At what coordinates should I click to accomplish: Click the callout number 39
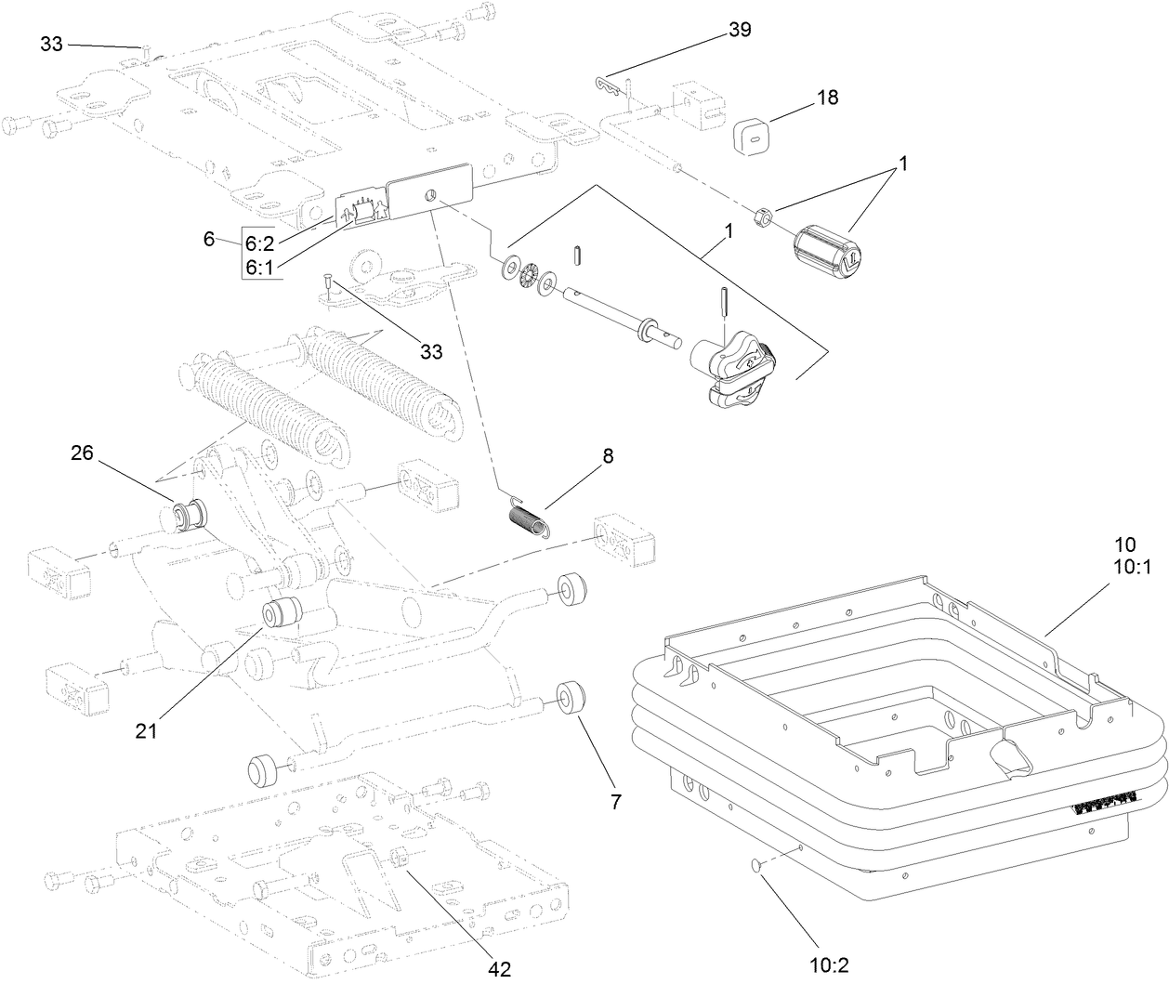point(739,30)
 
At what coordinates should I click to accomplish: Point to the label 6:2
point(259,243)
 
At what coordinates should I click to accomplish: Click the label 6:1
point(259,267)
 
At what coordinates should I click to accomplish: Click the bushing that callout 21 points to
point(282,614)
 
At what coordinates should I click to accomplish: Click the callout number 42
point(500,968)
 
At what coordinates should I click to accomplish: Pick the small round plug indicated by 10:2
point(756,865)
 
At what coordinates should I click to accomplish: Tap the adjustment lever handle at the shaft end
point(739,373)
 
